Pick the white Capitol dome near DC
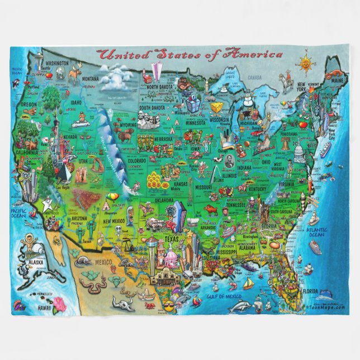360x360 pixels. pos(300,151)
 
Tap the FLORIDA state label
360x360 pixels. pos(310,291)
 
